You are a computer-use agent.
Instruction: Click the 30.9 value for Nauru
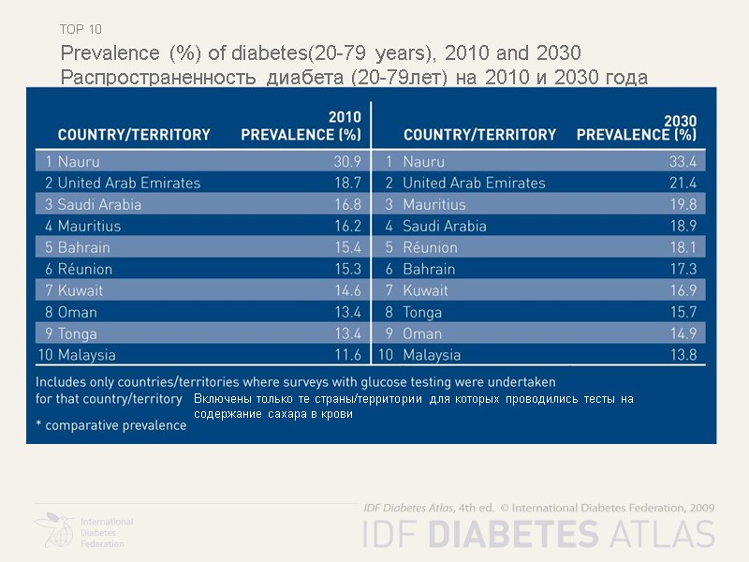pos(347,162)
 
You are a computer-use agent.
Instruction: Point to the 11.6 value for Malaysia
pos(347,355)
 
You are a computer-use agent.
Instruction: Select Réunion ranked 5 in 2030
pos(430,248)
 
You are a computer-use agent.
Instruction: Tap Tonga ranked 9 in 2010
pos(78,333)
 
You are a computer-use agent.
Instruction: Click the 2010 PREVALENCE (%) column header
pos(301,126)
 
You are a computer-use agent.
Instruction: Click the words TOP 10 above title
pos(81,29)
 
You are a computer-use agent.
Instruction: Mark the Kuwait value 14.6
pos(347,291)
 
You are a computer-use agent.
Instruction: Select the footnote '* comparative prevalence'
pos(111,425)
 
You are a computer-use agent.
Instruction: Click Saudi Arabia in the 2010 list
pos(99,205)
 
